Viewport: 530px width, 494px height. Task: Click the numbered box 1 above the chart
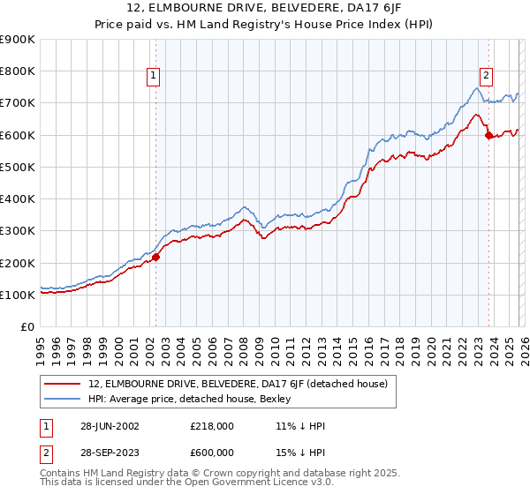coord(155,77)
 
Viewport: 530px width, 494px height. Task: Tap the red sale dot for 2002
coord(155,258)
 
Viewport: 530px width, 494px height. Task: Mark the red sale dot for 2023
coord(488,135)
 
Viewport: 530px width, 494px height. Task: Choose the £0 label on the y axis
coord(26,327)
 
